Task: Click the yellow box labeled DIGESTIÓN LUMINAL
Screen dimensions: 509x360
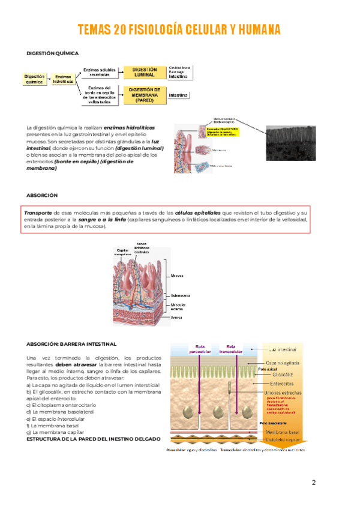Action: [x=143, y=73]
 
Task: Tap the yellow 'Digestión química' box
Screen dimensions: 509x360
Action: [x=34, y=79]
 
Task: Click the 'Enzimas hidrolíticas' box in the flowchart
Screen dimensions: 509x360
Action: [x=64, y=80]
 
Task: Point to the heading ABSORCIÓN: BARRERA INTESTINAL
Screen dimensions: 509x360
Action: [x=71, y=344]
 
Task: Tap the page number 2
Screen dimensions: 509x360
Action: [x=313, y=483]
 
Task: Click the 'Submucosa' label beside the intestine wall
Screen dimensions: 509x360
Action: [x=181, y=295]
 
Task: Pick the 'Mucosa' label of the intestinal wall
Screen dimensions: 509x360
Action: [x=177, y=276]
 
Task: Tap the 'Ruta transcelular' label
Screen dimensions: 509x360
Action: [x=231, y=349]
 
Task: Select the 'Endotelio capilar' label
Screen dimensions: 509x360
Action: [x=283, y=439]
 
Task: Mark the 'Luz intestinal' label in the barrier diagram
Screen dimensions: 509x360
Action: [x=286, y=349]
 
